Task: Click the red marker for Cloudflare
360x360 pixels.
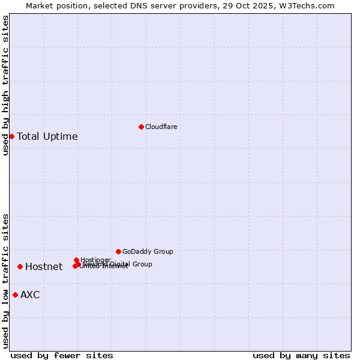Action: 141,127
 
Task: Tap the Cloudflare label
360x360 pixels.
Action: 161,127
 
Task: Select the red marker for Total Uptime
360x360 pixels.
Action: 11,136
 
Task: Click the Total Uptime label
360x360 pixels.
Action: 47,136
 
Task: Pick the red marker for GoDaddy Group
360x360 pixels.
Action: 118,251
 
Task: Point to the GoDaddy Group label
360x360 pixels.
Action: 148,251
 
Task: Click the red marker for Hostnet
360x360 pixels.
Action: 20,266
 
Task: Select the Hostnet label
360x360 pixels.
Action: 44,267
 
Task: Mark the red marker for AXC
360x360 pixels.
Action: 15,295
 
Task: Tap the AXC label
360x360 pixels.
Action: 30,295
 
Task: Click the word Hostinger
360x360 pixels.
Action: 95,260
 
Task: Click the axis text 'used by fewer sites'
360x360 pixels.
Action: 62,355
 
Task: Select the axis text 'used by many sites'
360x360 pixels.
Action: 301,355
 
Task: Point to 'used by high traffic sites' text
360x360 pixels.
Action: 5,85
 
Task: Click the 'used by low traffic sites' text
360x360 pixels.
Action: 5,280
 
